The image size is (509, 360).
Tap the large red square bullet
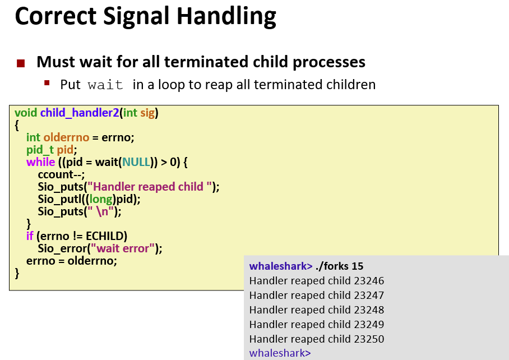[21, 63]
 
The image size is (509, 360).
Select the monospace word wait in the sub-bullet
[105, 85]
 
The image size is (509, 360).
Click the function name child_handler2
[80, 113]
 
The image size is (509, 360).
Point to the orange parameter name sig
[147, 113]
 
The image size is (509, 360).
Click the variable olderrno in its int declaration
[66, 137]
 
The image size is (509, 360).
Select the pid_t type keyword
[40, 150]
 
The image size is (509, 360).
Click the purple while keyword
[40, 162]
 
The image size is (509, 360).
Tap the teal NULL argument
[136, 162]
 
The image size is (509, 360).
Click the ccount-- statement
[61, 174]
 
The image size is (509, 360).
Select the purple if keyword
[30, 236]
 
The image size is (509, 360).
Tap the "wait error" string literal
[122, 248]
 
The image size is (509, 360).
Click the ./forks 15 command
[339, 266]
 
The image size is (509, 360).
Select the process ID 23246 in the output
[369, 281]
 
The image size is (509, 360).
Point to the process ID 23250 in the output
[369, 339]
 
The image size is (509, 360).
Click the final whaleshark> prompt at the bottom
[280, 353]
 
